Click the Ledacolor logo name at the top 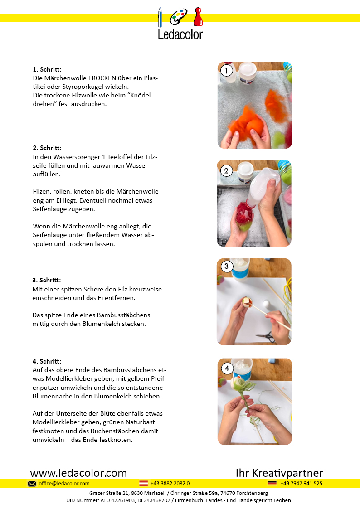tap(180, 34)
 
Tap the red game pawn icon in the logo tap(198, 17)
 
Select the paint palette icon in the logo tap(179, 17)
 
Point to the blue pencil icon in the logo tap(160, 17)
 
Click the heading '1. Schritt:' tap(47, 69)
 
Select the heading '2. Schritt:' tap(47, 148)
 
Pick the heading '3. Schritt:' tap(46, 280)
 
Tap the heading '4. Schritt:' tap(47, 361)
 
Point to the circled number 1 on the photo tap(227, 70)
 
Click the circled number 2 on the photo tap(226, 170)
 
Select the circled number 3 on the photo tap(227, 266)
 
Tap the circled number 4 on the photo tap(227, 368)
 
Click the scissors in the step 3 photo tap(266, 337)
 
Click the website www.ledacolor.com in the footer tap(78, 473)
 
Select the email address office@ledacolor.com tap(64, 483)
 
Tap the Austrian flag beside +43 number tap(143, 483)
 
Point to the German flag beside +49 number tap(272, 483)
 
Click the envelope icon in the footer tap(32, 484)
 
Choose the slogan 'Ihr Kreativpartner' tap(279, 473)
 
